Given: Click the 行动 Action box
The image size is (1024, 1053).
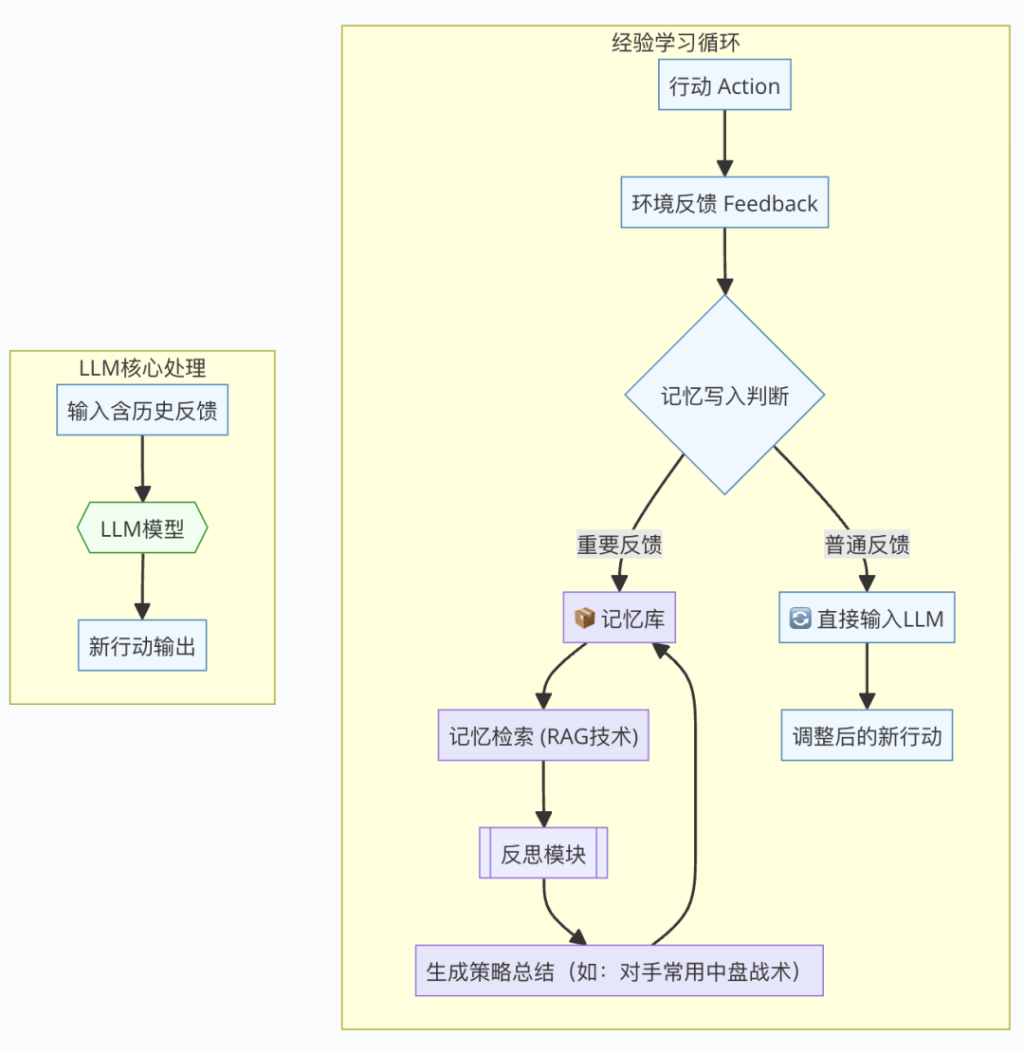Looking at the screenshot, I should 724,86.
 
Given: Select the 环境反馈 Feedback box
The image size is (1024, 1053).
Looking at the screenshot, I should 724,202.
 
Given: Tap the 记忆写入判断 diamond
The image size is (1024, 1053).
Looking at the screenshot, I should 724,396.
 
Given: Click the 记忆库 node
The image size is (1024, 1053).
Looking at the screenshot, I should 620,619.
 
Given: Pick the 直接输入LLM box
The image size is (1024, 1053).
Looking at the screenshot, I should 867,619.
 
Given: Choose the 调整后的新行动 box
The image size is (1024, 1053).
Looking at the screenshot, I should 867,736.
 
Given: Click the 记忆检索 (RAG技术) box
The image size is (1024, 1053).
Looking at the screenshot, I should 543,735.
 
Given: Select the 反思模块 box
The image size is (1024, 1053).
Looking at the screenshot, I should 543,853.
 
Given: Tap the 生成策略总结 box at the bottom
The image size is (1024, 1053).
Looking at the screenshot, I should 619,970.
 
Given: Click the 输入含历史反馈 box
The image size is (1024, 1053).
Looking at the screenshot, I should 142,411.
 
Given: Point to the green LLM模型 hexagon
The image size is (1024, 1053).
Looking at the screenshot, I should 142,527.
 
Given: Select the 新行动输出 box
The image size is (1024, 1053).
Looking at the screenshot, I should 142,646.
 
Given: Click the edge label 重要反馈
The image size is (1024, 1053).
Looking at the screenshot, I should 619,545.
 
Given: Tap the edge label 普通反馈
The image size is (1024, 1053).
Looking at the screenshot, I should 867,545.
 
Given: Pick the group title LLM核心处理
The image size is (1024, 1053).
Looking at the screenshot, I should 142,366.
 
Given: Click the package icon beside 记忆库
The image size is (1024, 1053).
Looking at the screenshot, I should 585,619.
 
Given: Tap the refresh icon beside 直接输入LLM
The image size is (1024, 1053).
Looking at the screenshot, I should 801,619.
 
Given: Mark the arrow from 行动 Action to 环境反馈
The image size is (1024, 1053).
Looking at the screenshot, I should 724,142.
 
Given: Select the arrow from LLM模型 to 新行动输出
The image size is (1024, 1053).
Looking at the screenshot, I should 142,586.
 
